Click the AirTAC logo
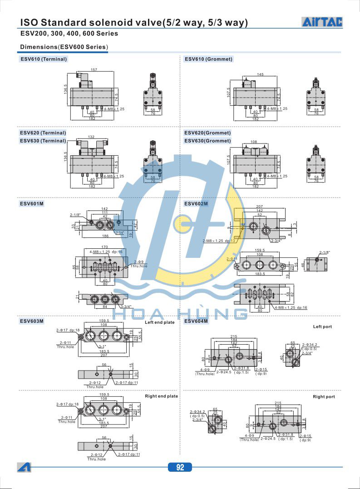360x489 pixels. (x=322, y=22)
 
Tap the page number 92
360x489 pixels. (x=180, y=467)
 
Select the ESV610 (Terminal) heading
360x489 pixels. (x=43, y=59)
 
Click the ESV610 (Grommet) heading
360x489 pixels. (x=208, y=59)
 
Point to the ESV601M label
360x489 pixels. (x=31, y=204)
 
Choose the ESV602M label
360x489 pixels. (x=196, y=204)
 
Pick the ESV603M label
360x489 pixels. (x=31, y=321)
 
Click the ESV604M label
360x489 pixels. (x=196, y=321)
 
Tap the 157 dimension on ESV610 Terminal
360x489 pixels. (x=94, y=69)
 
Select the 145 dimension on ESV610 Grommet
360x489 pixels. (x=260, y=74)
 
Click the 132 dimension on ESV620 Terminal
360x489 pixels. (x=91, y=137)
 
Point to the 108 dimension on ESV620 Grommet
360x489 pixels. (x=254, y=142)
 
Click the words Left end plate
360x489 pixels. (x=159, y=322)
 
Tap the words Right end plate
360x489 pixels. (x=161, y=396)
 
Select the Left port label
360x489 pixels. (x=322, y=327)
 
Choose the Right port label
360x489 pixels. (x=324, y=397)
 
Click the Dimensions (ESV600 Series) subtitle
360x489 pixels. (x=64, y=47)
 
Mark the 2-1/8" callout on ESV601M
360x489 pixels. (x=75, y=215)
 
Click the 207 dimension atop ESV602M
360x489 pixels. (x=260, y=206)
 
